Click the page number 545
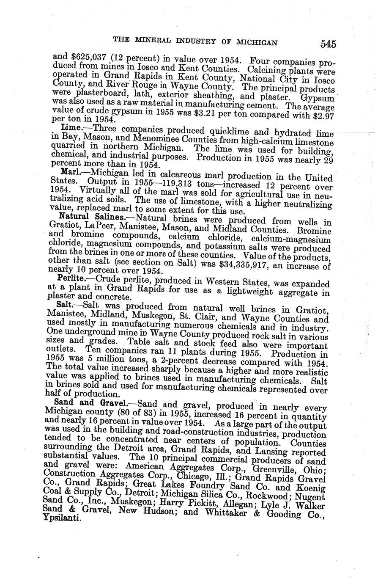coord(328,44)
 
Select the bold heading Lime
coord(70,127)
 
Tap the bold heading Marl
coord(70,172)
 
